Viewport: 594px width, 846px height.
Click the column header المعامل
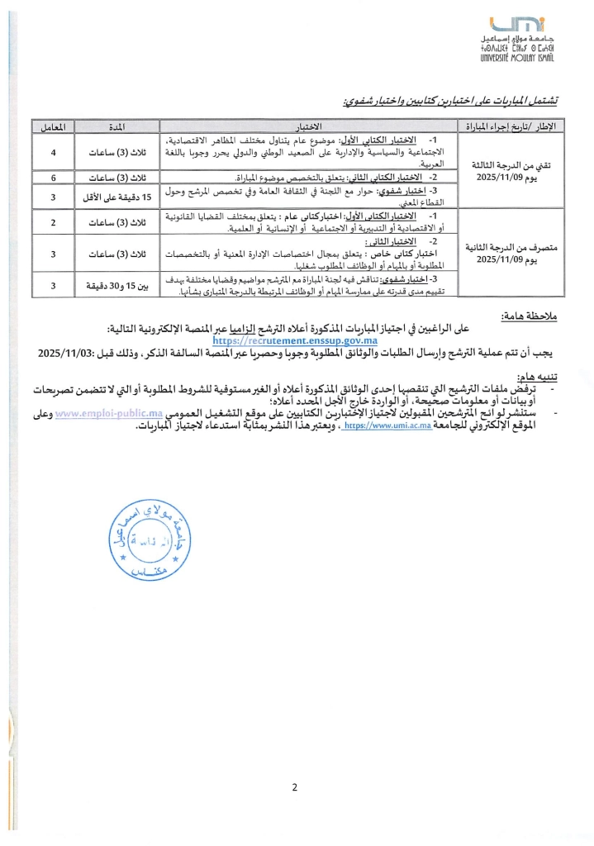pos(54,127)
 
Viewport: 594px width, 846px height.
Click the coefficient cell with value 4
pos(54,153)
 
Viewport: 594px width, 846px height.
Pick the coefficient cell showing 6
pos(54,178)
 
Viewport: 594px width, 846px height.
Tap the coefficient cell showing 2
pos(54,223)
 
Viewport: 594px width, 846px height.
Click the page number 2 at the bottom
pos(295,786)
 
